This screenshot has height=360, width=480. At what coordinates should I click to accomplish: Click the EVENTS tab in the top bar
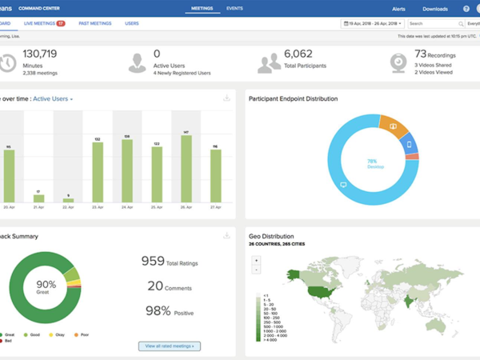[x=235, y=8]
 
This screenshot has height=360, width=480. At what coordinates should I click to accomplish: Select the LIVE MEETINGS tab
[x=45, y=24]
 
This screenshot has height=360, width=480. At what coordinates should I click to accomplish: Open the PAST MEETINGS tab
[x=95, y=24]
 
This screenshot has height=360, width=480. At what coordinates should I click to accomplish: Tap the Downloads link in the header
[x=434, y=9]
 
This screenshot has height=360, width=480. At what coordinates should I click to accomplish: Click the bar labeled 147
[x=186, y=168]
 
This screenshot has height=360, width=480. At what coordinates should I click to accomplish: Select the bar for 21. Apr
[x=38, y=198]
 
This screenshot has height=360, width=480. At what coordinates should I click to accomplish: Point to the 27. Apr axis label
[x=215, y=206]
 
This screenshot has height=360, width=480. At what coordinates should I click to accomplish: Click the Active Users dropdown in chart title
[x=53, y=98]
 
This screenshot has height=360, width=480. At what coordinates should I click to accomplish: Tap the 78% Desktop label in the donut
[x=371, y=163]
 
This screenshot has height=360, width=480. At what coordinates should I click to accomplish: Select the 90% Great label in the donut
[x=46, y=287]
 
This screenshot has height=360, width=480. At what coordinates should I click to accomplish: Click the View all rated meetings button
[x=169, y=346]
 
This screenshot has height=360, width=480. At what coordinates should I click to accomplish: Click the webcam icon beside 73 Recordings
[x=398, y=62]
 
